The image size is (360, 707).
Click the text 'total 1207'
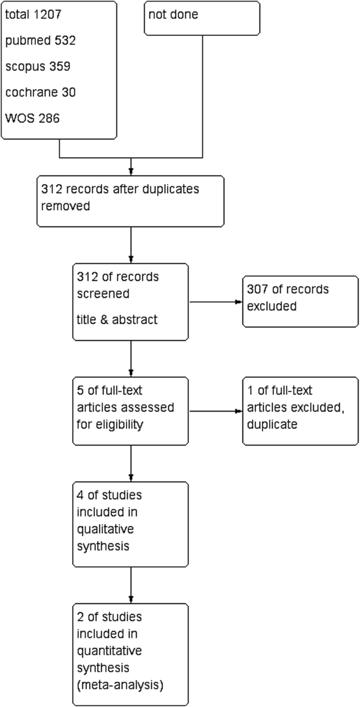(33, 14)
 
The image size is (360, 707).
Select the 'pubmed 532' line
(40, 40)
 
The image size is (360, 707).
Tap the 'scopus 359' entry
(38, 66)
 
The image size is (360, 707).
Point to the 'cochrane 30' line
(40, 93)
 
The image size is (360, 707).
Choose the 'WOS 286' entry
(33, 118)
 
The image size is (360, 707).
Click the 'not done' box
(202, 18)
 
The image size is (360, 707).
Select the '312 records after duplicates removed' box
(130, 201)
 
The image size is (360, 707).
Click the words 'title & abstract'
(117, 320)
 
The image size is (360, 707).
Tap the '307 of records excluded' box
(300, 301)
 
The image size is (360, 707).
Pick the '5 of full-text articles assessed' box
(130, 411)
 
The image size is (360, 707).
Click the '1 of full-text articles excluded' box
(300, 411)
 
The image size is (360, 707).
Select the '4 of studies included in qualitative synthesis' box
(130, 524)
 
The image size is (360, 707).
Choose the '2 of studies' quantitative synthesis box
(130, 654)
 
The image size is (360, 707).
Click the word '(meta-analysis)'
(120, 685)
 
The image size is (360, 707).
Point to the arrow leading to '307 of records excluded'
(215, 302)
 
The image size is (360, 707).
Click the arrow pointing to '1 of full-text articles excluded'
(215, 411)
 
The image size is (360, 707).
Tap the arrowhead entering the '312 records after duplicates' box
(131, 171)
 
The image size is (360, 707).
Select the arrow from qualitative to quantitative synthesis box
(131, 585)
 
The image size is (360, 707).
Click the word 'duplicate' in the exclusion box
(272, 424)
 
